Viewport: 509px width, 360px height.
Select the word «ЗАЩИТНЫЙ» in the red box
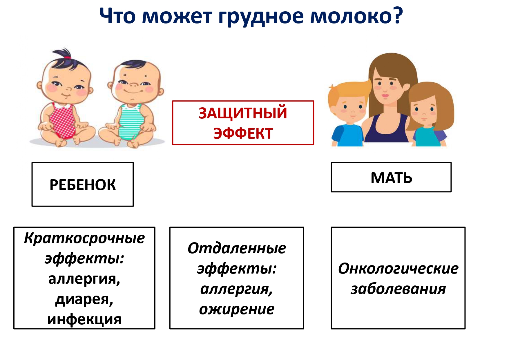click(x=243, y=113)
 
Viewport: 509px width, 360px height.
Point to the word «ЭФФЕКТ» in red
click(x=243, y=133)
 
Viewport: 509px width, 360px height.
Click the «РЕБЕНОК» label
click(x=83, y=185)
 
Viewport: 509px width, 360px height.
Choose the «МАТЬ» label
click(x=391, y=178)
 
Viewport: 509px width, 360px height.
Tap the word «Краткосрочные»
click(x=84, y=238)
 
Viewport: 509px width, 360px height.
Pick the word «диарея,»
click(x=84, y=300)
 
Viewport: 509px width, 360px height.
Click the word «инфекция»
click(x=84, y=319)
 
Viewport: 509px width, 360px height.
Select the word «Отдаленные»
click(x=237, y=249)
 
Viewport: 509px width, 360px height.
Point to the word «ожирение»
click(x=237, y=310)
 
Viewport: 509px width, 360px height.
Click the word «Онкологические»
click(x=398, y=268)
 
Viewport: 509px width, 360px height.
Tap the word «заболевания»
click(x=398, y=289)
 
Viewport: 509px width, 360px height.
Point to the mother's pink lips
click(x=385, y=95)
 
